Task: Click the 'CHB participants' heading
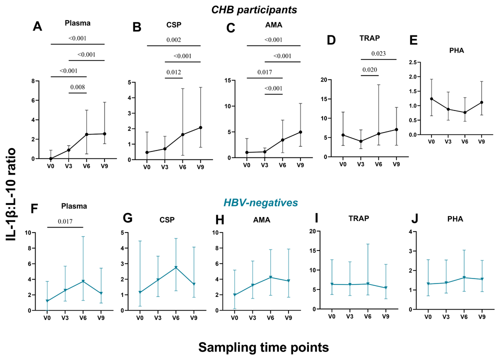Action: [254, 10]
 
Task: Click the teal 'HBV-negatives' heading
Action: [260, 202]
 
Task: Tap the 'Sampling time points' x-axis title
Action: [263, 347]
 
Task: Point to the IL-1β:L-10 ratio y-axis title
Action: [11, 194]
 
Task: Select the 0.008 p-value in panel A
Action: [77, 87]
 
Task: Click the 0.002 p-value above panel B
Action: [174, 40]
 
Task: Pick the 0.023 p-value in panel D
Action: [378, 53]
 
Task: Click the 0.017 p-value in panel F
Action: [65, 221]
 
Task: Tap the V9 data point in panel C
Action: [300, 132]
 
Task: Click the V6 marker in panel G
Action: [175, 267]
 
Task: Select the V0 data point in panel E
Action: [431, 99]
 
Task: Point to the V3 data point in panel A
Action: [68, 150]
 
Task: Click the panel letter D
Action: [331, 40]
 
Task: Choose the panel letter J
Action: [414, 219]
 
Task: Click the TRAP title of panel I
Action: [358, 218]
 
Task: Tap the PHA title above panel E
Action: [456, 50]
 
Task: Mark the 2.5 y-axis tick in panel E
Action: [412, 62]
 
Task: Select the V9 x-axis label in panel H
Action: [288, 317]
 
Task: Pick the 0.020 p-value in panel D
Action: [369, 70]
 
